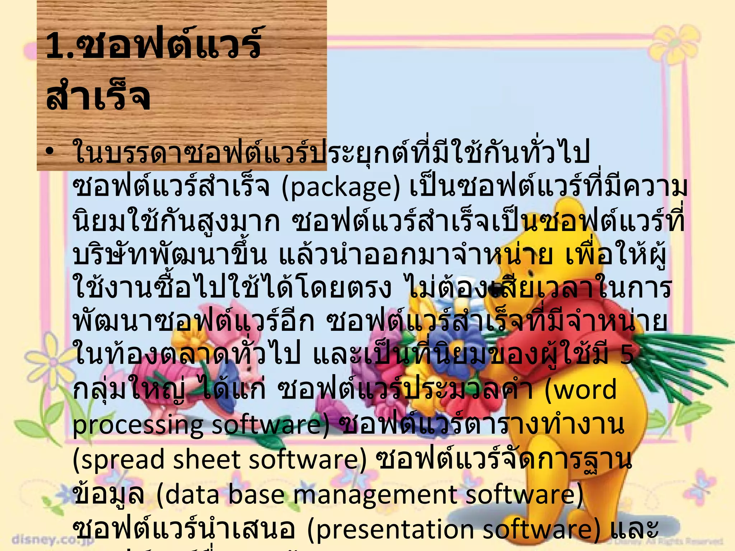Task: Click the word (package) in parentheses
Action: [341, 188]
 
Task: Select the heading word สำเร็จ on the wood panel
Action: [98, 96]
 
